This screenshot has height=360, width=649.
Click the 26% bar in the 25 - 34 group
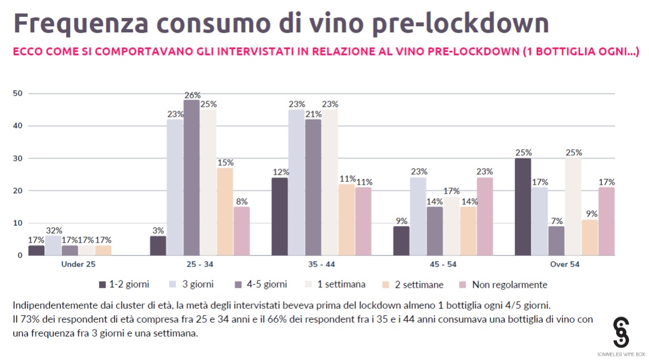click(x=191, y=177)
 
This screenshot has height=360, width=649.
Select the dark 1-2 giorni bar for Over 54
click(x=523, y=206)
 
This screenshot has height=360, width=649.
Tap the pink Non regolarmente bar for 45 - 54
click(x=484, y=216)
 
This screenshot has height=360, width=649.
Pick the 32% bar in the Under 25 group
click(x=53, y=245)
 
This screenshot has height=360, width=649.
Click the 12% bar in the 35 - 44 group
click(x=279, y=216)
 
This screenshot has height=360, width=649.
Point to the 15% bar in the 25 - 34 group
click(x=225, y=211)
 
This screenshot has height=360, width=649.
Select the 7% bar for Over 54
click(x=556, y=240)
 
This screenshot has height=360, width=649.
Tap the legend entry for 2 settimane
click(x=417, y=284)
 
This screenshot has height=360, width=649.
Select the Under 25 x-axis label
click(x=78, y=264)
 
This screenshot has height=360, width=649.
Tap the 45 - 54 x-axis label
click(x=443, y=264)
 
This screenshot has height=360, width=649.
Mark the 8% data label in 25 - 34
click(x=241, y=202)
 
